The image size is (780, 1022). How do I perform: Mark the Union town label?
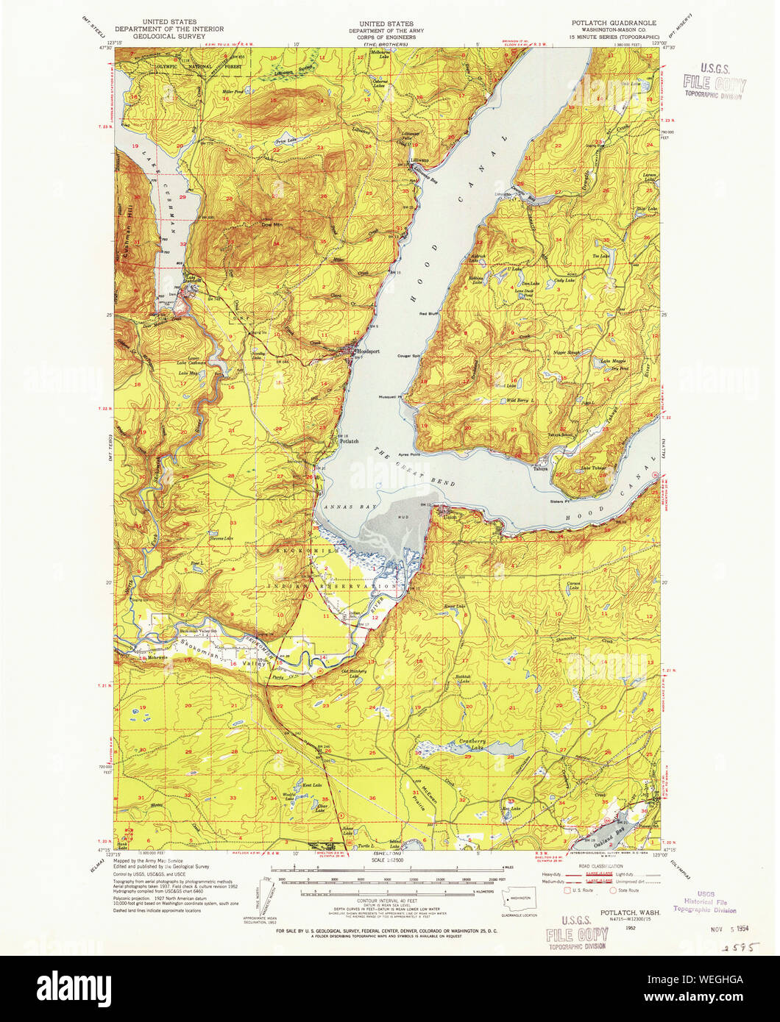click(450, 516)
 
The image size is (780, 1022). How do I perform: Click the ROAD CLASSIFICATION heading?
click(599, 868)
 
